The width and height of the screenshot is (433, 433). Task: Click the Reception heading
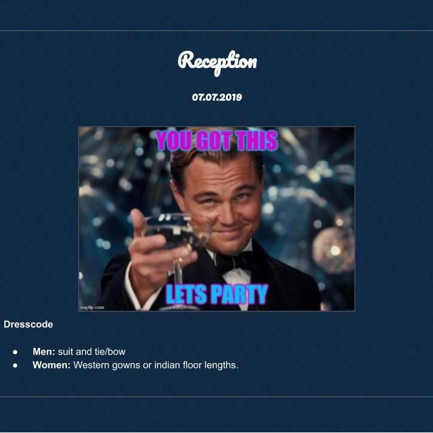tap(217, 62)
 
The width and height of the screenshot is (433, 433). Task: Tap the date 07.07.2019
tap(217, 97)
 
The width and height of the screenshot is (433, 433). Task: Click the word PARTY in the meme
tap(239, 295)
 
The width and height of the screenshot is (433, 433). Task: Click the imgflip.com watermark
tap(92, 307)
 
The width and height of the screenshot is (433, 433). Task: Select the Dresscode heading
tap(28, 324)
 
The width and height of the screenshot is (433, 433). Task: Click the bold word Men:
tap(44, 352)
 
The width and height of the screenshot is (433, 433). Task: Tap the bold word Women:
tap(52, 365)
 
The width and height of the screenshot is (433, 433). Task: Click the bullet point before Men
tap(15, 352)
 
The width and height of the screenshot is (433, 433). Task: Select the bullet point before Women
tap(15, 366)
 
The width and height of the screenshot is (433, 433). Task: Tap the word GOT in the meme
tap(214, 140)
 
